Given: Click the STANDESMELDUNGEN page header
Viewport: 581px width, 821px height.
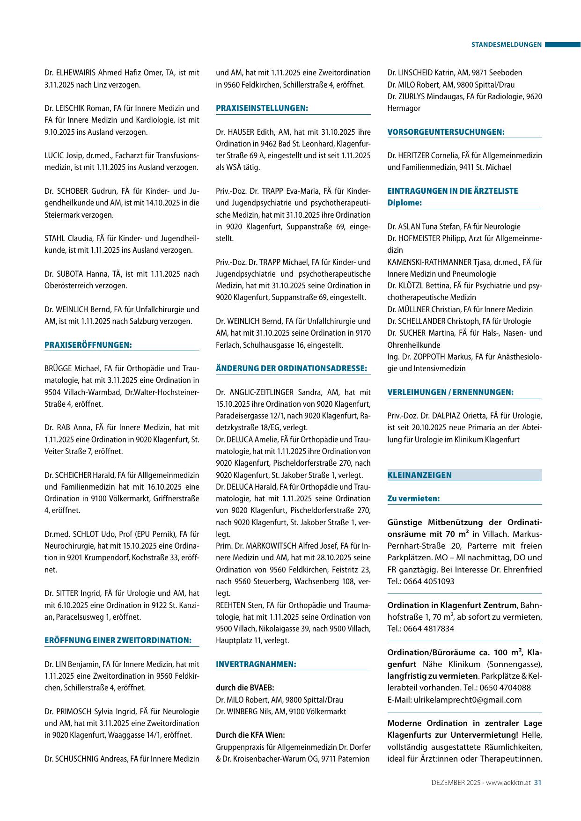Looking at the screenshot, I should (506, 45).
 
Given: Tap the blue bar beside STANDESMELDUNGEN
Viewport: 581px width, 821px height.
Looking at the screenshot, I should (563, 45).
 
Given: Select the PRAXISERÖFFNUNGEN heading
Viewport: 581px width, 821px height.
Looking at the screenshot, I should (88, 345).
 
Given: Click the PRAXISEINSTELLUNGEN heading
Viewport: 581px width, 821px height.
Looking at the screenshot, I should (262, 108).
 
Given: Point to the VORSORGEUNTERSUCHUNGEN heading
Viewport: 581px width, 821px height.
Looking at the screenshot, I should (446, 132).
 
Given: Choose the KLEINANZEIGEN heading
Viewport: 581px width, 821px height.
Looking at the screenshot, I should (419, 475).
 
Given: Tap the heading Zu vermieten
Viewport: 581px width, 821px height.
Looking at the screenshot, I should (413, 498).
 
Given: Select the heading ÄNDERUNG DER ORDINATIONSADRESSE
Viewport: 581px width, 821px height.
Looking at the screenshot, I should (291, 368).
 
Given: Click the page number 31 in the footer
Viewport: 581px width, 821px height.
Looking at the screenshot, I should (538, 782).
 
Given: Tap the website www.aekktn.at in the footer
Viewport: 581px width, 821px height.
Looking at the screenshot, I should (509, 782).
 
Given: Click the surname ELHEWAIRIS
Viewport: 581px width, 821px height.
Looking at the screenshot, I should (76, 73).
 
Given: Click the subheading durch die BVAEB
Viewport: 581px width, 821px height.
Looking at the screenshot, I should (245, 688).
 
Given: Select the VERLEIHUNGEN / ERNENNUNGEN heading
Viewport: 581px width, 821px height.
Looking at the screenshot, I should (450, 392).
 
